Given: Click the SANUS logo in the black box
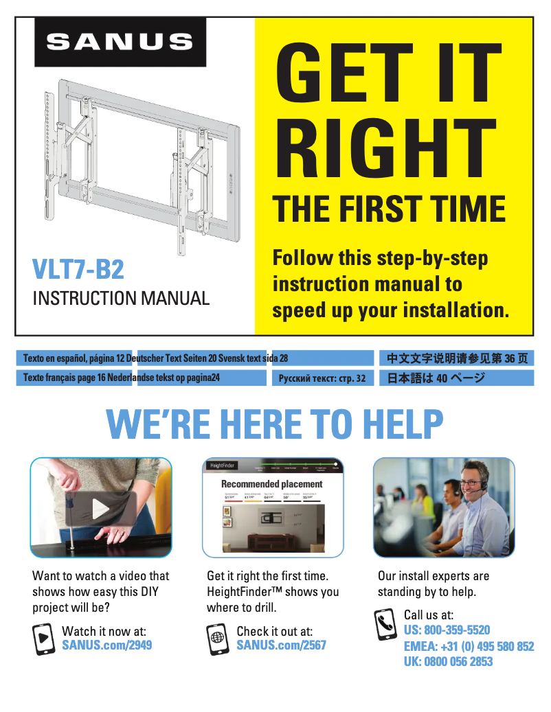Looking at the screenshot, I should click(x=120, y=41).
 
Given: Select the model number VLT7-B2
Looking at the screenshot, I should click(x=78, y=270).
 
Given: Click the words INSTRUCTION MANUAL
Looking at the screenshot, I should click(x=121, y=299).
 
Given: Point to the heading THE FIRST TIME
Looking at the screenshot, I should click(x=390, y=208).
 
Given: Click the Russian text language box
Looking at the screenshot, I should click(x=322, y=378).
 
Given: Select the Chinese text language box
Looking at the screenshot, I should click(x=457, y=358).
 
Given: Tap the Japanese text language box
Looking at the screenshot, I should click(x=457, y=378).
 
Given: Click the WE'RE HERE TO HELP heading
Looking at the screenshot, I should click(x=275, y=425).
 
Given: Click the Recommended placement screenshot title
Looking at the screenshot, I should click(x=271, y=484).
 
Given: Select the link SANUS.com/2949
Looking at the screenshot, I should click(x=106, y=645).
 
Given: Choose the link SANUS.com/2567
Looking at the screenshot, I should click(x=281, y=645).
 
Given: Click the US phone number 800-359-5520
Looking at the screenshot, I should click(x=447, y=630).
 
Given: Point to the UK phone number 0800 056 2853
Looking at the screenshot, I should click(x=448, y=662).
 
